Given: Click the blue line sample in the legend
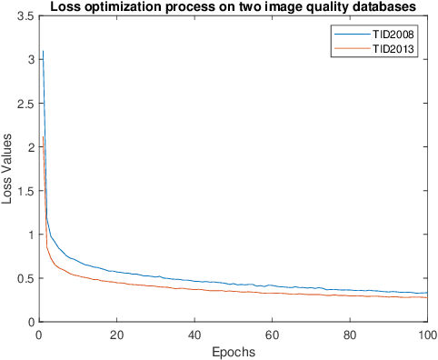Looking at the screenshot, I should click(x=351, y=34).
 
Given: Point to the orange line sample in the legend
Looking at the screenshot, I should click(x=351, y=49).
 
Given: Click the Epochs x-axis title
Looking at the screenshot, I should click(x=233, y=352).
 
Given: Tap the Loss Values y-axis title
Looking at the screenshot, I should click(x=8, y=170).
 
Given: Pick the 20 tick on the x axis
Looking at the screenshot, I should click(x=115, y=335).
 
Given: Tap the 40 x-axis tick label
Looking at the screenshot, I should click(x=194, y=335).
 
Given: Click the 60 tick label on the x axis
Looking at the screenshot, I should click(x=272, y=335).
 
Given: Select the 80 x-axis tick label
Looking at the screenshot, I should click(x=350, y=335).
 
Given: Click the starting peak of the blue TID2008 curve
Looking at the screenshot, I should click(x=42, y=52).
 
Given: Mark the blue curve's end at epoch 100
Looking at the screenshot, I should click(x=427, y=293).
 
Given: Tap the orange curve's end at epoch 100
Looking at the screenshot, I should click(x=427, y=298).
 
